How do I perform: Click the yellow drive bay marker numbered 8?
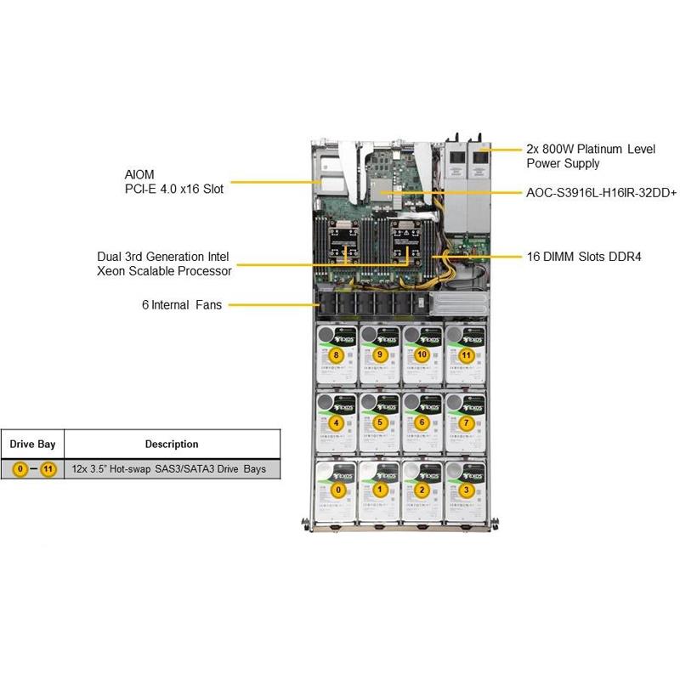point(337,354)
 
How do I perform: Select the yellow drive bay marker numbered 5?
point(380,422)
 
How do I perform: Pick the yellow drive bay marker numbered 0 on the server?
point(337,490)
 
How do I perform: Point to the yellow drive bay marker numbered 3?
point(465,490)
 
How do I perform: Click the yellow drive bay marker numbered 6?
point(422,422)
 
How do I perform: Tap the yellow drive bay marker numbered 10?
point(422,354)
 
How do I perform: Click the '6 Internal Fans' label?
point(182,304)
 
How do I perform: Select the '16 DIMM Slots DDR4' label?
point(583,255)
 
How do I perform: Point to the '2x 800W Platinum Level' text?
point(591,149)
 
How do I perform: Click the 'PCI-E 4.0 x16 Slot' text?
point(174,189)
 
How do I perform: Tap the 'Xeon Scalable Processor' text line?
point(163,270)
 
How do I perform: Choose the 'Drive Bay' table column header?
point(31,444)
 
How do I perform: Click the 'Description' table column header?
point(171,444)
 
